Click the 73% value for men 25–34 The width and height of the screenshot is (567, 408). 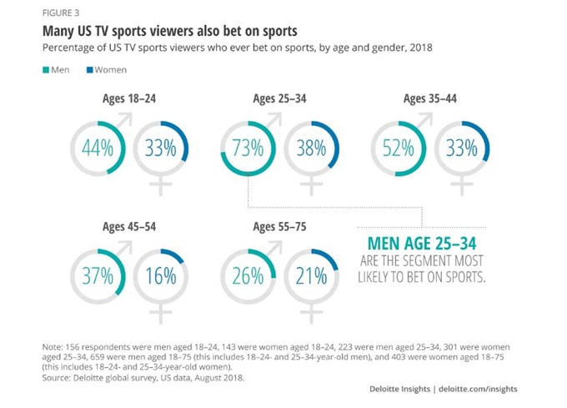pyautogui.click(x=247, y=149)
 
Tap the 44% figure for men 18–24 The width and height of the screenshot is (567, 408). pyautogui.click(x=98, y=149)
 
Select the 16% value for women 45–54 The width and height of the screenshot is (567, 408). pyautogui.click(x=159, y=276)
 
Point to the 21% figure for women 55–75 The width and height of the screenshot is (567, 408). pyautogui.click(x=309, y=276)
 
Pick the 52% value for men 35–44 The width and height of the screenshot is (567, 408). pyautogui.click(x=398, y=149)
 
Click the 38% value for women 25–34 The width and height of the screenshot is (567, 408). pyautogui.click(x=309, y=149)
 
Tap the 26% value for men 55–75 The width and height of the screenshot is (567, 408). pyautogui.click(x=248, y=276)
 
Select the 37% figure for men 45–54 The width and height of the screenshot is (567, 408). pyautogui.click(x=98, y=276)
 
